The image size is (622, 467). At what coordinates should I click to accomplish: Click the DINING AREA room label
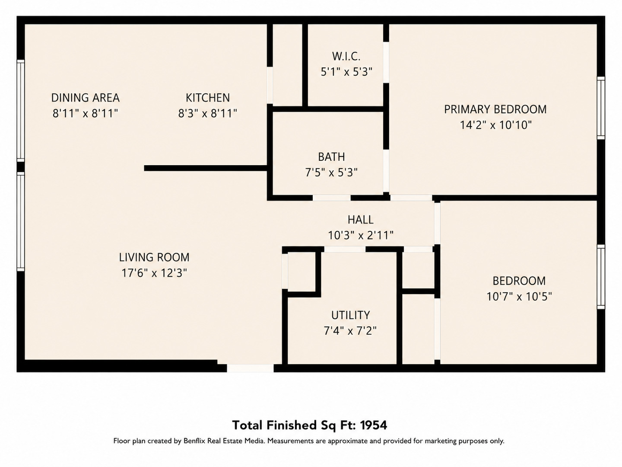(85, 98)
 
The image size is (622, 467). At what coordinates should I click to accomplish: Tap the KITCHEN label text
(208, 98)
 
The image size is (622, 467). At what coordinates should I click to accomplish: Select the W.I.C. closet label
(346, 56)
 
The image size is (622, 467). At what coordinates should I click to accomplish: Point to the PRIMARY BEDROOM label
(495, 109)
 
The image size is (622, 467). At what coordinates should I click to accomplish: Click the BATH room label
(331, 157)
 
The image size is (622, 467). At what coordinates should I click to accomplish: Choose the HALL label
(360, 220)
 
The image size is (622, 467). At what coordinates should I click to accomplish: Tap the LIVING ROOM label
(154, 257)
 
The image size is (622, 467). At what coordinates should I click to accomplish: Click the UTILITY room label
(351, 315)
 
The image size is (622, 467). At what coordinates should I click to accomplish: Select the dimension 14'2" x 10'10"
(495, 125)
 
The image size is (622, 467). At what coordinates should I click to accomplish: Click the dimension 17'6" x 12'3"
(154, 273)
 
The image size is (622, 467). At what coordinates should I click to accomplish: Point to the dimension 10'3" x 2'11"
(361, 235)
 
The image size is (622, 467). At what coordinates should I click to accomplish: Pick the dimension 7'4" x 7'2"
(350, 331)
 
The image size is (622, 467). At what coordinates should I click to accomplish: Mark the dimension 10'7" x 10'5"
(519, 297)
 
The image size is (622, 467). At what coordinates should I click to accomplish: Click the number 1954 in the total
(374, 425)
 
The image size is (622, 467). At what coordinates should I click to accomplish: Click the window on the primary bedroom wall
(601, 108)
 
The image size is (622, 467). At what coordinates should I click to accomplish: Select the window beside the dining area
(21, 111)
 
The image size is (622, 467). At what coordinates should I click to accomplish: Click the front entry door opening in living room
(250, 368)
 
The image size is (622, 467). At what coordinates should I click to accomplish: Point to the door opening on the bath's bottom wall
(332, 198)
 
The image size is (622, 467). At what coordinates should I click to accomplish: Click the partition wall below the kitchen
(206, 168)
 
